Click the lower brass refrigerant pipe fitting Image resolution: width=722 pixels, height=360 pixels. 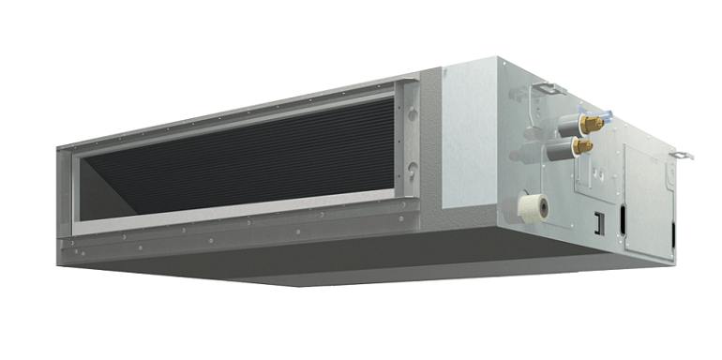click(x=583, y=146)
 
